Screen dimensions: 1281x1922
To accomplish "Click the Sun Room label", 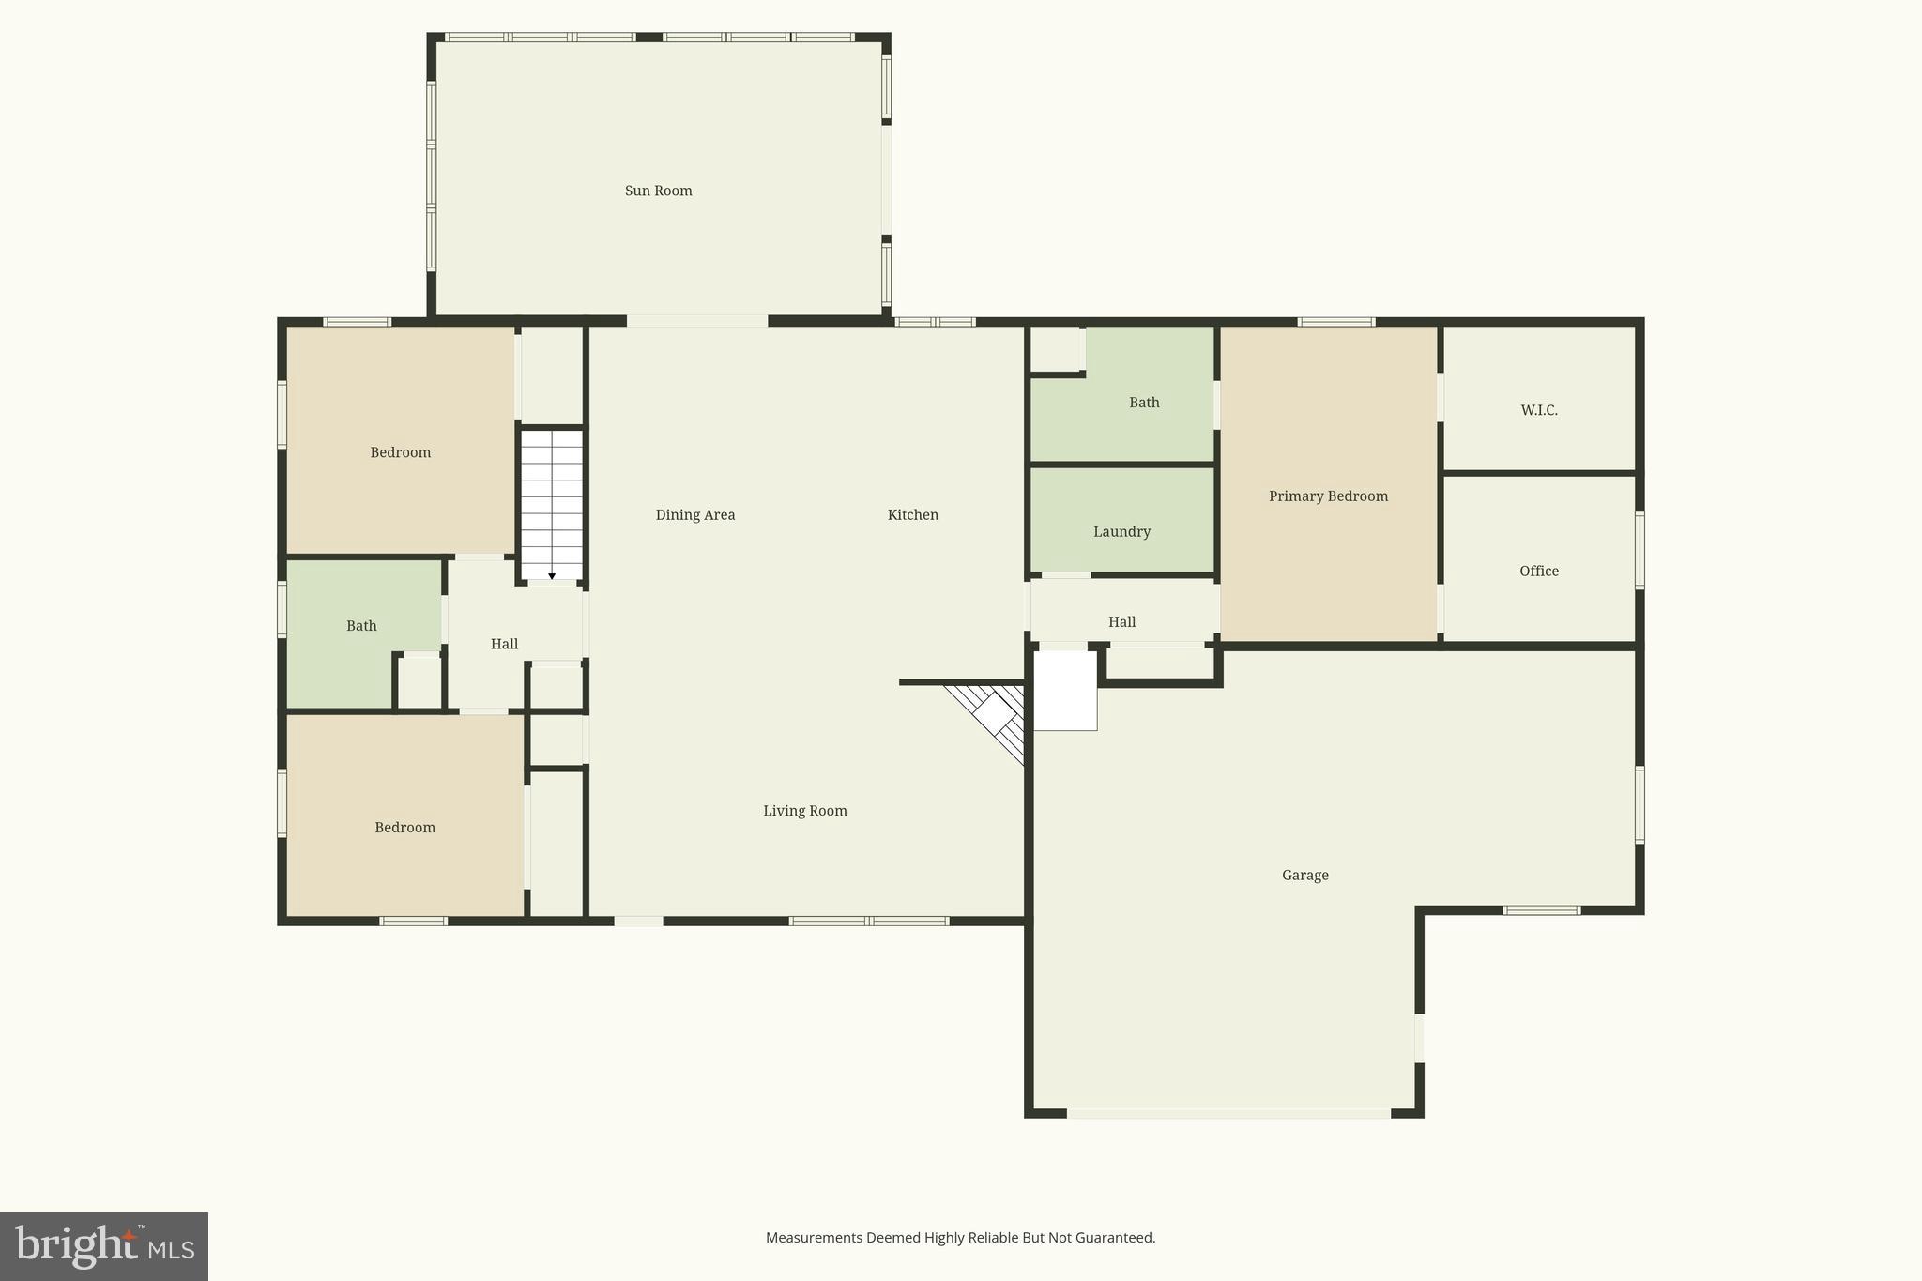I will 658,191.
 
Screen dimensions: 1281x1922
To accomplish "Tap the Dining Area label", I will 694,514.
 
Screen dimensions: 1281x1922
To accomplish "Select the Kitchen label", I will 912,514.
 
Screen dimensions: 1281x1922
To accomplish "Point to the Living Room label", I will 804,811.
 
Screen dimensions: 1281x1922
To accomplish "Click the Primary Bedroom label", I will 1328,496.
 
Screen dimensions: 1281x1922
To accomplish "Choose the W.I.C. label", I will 1539,410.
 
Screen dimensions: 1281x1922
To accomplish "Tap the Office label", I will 1539,571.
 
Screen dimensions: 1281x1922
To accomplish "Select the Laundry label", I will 1121,532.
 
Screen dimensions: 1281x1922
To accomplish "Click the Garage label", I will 1304,876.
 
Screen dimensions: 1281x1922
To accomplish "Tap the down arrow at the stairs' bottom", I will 552,575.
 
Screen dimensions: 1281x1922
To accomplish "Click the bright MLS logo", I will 103,1246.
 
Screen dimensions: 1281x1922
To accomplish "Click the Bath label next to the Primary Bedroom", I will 1143,403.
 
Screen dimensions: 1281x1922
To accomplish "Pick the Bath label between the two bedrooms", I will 361,626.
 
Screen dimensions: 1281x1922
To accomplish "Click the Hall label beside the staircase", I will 504,644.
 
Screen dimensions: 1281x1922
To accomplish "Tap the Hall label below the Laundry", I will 1121,622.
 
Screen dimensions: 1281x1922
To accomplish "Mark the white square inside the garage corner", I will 1065,691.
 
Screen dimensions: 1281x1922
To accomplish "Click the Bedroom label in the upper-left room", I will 400,452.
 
